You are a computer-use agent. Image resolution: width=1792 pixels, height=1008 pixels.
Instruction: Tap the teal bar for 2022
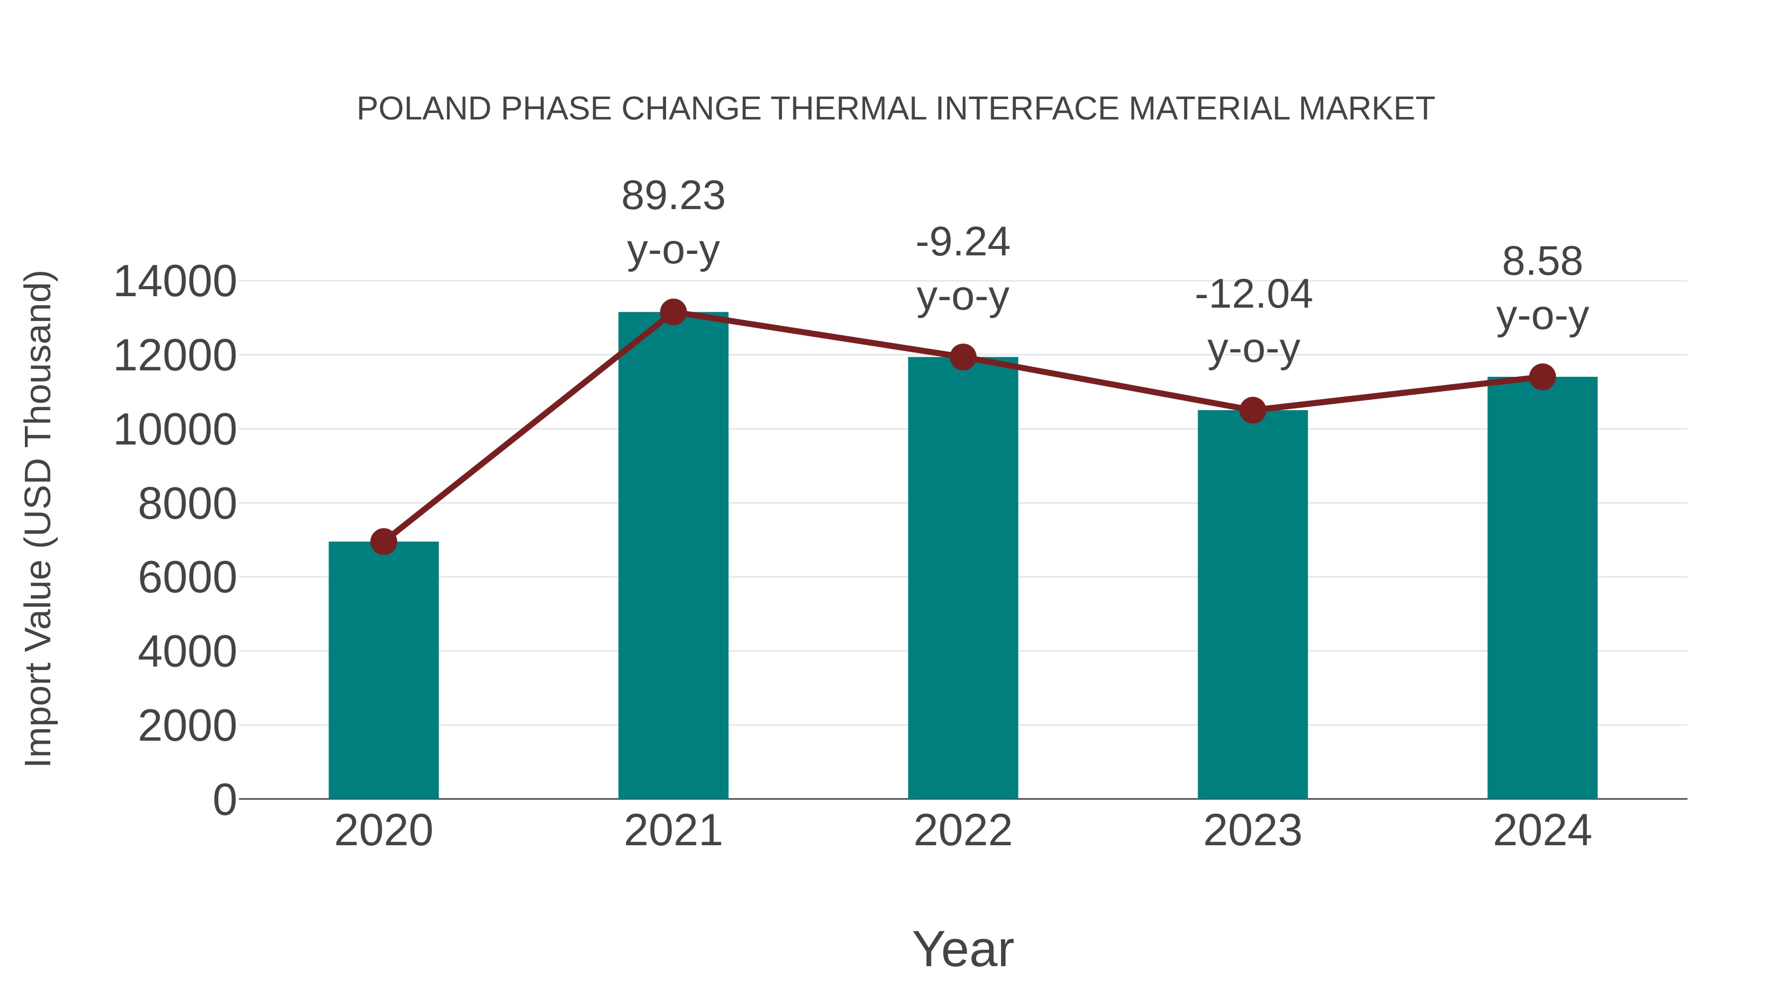pyautogui.click(x=963, y=577)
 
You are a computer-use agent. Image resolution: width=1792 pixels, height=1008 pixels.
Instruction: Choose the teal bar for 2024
pyautogui.click(x=1542, y=587)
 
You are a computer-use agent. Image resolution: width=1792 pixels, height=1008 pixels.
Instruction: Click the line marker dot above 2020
pyautogui.click(x=383, y=541)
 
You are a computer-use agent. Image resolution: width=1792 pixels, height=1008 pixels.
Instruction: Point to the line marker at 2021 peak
pyautogui.click(x=672, y=312)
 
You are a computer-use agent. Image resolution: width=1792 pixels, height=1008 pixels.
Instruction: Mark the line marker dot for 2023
pyautogui.click(x=1252, y=411)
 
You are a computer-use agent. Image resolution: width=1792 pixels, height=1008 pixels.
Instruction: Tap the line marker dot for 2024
pyautogui.click(x=1542, y=376)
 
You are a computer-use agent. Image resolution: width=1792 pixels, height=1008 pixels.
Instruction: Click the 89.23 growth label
pyautogui.click(x=672, y=196)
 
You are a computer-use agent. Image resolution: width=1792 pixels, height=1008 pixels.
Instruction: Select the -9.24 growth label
pyautogui.click(x=963, y=243)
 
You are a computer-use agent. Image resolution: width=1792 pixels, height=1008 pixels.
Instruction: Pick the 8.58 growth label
pyautogui.click(x=1542, y=262)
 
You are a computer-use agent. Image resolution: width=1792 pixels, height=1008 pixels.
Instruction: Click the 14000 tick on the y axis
pyautogui.click(x=175, y=282)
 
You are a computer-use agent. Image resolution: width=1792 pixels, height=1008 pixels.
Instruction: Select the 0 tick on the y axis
pyautogui.click(x=224, y=799)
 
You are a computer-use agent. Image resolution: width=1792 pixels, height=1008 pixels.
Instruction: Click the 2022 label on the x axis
pyautogui.click(x=963, y=831)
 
